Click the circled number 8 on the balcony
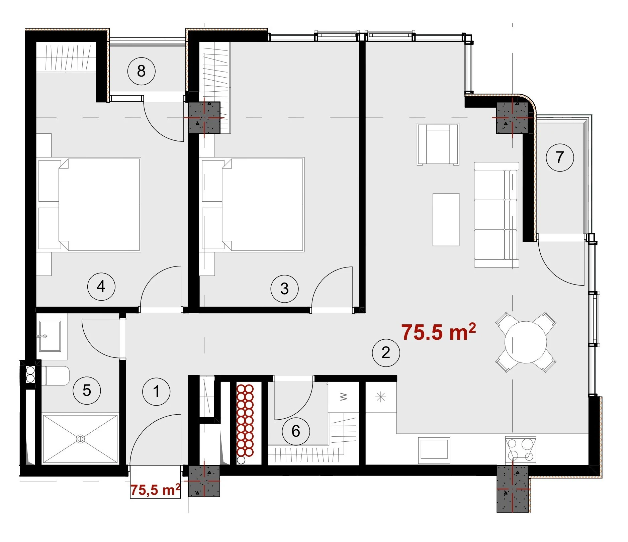point(141,71)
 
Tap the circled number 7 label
point(559,157)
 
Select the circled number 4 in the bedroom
point(101,286)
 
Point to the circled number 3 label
point(284,289)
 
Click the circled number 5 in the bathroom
point(87,390)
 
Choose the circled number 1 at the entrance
point(156,391)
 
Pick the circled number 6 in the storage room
point(296,431)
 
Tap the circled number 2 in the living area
point(386,352)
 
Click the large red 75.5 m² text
point(438,332)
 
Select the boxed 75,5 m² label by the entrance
point(155,490)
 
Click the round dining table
point(526,342)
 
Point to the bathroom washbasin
point(50,336)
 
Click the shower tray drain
point(80,439)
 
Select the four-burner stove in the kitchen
point(520,450)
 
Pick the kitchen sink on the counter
point(434,450)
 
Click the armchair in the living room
point(438,144)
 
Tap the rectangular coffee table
point(446,219)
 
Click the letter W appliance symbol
point(343,397)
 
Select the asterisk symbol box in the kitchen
point(381,397)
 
